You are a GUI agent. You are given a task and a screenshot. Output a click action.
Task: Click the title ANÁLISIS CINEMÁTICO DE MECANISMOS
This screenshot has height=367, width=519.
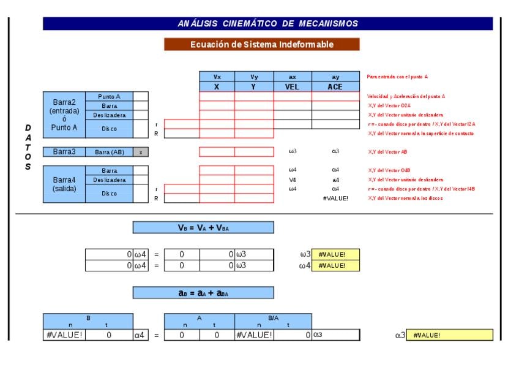(x=267, y=24)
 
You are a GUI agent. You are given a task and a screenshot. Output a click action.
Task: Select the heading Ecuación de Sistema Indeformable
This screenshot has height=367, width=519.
(x=262, y=44)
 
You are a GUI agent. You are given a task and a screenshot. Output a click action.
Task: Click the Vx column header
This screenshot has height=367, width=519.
(x=217, y=77)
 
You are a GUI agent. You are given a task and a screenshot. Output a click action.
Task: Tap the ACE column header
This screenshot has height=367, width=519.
(x=335, y=87)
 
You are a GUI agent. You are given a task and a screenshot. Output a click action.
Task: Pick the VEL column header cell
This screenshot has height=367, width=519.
(x=292, y=87)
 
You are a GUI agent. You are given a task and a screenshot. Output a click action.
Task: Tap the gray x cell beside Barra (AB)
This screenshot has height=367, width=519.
(x=141, y=151)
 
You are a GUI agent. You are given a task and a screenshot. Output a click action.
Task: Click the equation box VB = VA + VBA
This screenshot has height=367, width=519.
(x=203, y=227)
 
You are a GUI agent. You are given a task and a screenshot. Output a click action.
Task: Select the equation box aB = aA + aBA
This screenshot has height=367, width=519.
(x=203, y=293)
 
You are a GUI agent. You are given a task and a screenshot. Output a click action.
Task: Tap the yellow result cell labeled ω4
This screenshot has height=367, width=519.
(x=335, y=265)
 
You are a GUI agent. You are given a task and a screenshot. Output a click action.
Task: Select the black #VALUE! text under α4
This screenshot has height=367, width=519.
(x=335, y=198)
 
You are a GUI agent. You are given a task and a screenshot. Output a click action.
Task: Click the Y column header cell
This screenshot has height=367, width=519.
(x=254, y=87)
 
